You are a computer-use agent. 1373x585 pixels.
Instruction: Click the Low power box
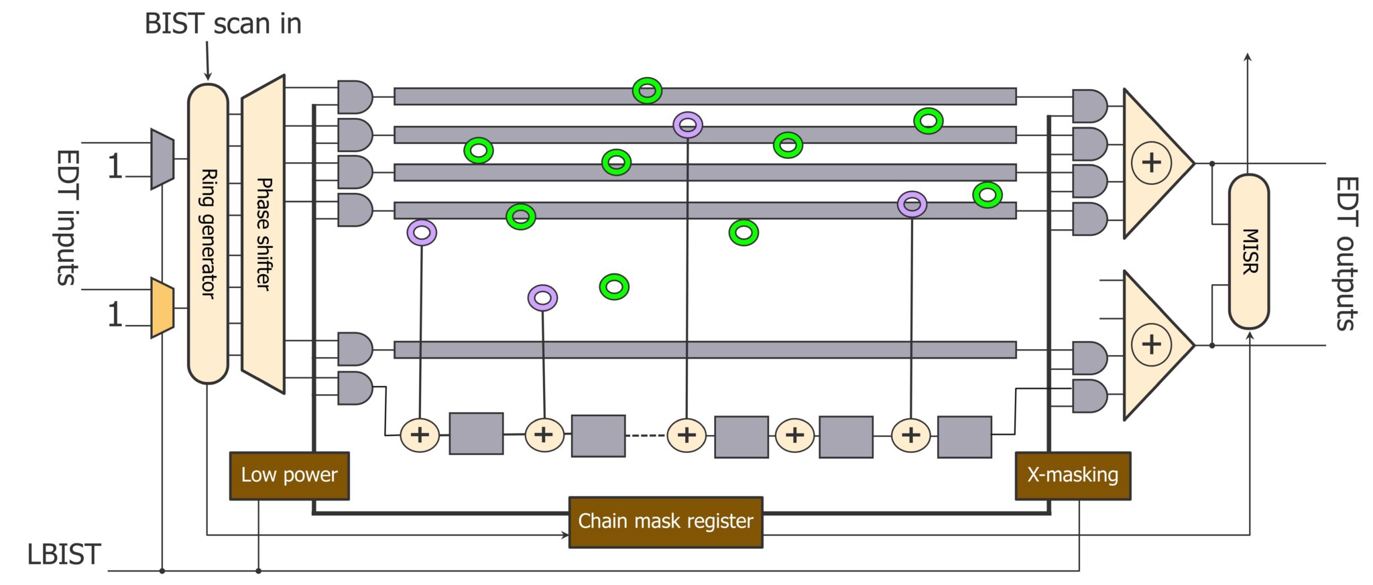click(x=289, y=476)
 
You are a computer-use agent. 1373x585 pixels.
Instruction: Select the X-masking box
click(x=1073, y=476)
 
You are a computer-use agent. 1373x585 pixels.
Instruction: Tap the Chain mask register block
click(x=665, y=522)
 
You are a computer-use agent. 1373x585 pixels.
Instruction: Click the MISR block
click(x=1248, y=251)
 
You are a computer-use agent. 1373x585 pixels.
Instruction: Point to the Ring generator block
click(x=208, y=233)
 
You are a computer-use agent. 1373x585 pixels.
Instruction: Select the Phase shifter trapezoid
click(x=263, y=233)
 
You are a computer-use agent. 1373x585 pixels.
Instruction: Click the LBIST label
click(x=64, y=555)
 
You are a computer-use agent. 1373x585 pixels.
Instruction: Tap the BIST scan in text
click(x=223, y=24)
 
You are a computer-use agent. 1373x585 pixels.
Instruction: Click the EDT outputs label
click(x=1346, y=253)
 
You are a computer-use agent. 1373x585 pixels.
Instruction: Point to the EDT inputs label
click(x=67, y=218)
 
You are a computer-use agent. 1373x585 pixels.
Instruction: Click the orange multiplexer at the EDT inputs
click(x=162, y=308)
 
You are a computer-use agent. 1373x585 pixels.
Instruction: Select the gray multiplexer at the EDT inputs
click(x=162, y=159)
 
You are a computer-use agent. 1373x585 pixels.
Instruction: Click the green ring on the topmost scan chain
click(x=647, y=90)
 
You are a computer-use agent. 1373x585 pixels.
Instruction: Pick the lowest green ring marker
click(x=614, y=287)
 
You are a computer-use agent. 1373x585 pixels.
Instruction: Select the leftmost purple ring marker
click(x=422, y=233)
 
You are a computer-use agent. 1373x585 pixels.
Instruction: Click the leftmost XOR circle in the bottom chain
click(x=420, y=435)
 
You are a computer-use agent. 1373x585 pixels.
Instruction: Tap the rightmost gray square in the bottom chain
click(x=964, y=437)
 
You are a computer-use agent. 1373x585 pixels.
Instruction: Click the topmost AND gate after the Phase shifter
click(x=355, y=97)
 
